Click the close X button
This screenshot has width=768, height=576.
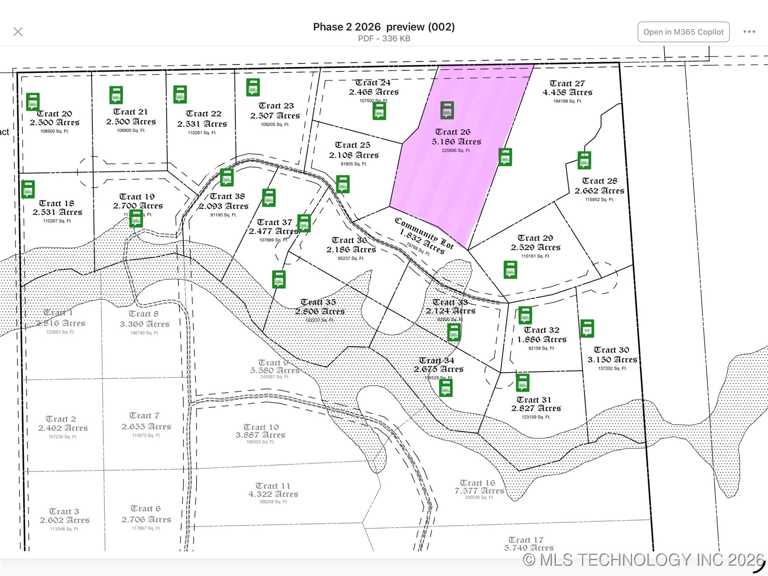[x=18, y=32]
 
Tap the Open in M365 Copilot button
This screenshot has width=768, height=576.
[x=683, y=32]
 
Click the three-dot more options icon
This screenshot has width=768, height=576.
[x=749, y=32]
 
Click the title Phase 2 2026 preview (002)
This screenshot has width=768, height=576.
[x=383, y=27]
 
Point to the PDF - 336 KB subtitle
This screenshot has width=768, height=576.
[x=384, y=39]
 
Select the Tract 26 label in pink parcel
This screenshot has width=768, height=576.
[x=453, y=132]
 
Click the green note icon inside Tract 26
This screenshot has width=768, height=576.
[x=447, y=110]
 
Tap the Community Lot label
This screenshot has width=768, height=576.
[x=424, y=233]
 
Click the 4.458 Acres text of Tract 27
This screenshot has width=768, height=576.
[x=567, y=92]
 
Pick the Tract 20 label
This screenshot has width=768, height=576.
[x=54, y=114]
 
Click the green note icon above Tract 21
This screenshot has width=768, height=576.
[x=116, y=95]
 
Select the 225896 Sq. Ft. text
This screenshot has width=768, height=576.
[x=456, y=151]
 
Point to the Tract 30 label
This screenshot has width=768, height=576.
[x=611, y=350]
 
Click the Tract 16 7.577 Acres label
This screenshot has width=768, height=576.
[x=479, y=487]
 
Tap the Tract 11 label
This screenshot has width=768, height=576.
[x=273, y=486]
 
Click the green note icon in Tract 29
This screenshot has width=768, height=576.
[x=510, y=269]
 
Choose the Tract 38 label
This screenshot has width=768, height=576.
[x=227, y=196]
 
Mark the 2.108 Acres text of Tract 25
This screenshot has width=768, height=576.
[x=354, y=155]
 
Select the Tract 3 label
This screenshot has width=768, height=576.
[x=64, y=512]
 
